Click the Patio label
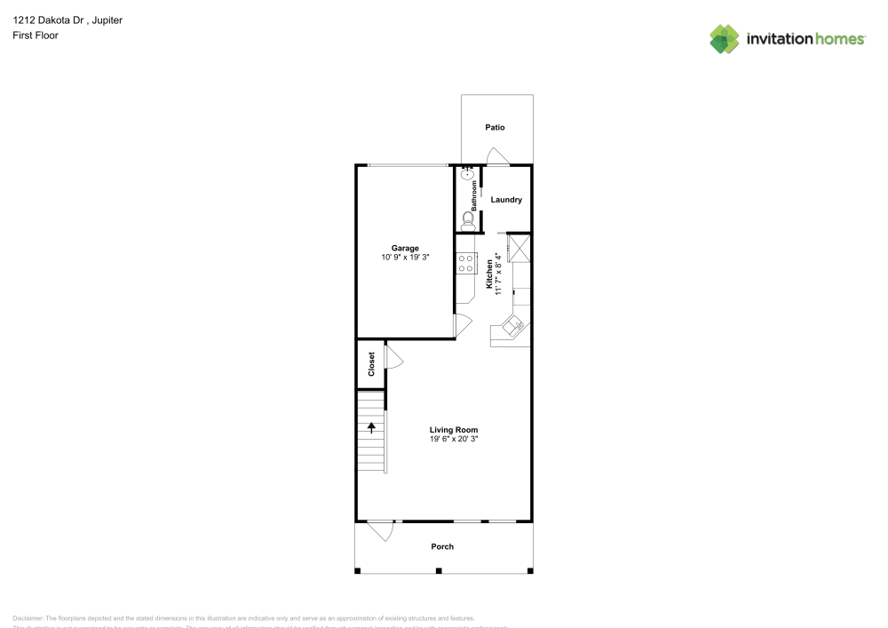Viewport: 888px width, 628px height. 495,128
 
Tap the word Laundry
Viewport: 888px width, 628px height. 506,200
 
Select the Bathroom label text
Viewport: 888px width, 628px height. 474,195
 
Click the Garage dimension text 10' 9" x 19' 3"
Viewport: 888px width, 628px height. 405,258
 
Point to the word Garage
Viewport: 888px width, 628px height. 405,248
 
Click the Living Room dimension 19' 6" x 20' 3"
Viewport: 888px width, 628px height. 454,439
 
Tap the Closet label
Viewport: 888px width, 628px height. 371,362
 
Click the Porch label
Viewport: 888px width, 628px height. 442,546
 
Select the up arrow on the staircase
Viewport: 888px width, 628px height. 371,427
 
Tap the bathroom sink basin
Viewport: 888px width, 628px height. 465,175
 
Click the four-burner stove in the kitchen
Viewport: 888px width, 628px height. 466,264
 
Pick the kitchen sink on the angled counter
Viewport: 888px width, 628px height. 512,324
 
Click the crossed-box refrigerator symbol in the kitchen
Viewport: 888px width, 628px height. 519,248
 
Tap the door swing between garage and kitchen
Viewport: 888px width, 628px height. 462,325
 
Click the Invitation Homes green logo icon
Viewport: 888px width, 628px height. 724,39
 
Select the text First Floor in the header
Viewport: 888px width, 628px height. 36,36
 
